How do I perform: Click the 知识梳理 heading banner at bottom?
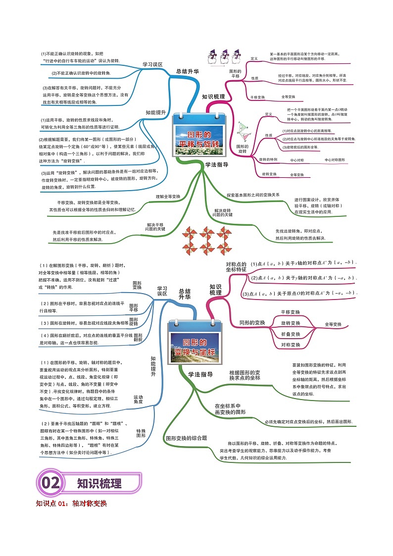99,483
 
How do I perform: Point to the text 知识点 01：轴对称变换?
71,504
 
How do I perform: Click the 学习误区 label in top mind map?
152,64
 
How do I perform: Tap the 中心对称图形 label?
335,160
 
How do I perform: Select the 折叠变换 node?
291,334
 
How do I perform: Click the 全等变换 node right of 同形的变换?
333,324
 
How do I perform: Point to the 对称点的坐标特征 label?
236,266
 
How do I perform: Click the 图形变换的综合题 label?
186,438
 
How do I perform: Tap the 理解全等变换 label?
168,197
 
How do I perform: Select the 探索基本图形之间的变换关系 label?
253,195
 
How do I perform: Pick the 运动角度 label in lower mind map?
138,399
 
